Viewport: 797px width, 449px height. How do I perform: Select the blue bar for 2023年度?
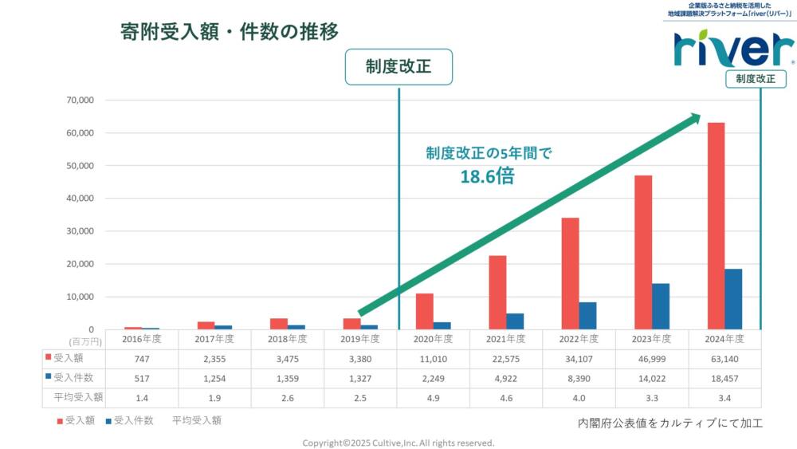click(661, 306)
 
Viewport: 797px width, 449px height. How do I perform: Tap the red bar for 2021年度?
click(497, 292)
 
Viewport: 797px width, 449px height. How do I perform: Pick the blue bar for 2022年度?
click(587, 316)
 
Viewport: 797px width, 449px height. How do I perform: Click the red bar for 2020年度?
click(425, 311)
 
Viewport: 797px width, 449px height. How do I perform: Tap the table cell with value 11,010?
click(434, 358)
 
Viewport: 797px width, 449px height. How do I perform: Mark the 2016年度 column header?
click(142, 339)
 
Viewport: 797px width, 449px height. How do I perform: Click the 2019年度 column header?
click(360, 339)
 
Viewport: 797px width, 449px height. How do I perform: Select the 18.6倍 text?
click(487, 176)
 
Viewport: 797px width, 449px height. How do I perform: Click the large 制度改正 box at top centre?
click(398, 67)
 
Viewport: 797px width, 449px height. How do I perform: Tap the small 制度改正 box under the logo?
click(755, 79)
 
